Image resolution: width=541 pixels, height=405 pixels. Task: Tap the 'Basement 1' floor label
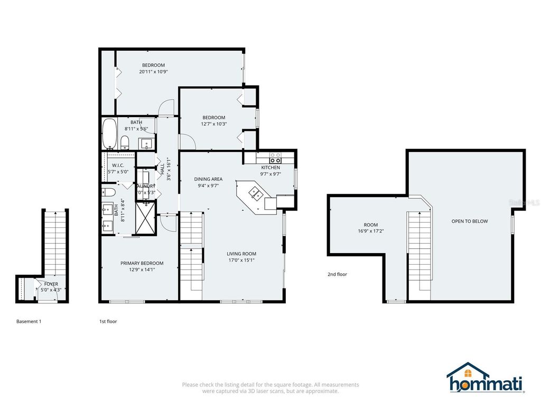point(29,321)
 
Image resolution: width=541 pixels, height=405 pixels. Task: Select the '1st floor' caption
point(108,321)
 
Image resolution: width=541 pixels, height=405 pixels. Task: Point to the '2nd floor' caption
point(337,274)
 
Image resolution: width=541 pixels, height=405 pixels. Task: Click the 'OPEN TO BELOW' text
point(469,221)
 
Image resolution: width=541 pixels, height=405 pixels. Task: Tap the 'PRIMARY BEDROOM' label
point(142,263)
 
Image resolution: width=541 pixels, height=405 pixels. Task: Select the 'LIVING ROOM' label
point(241,254)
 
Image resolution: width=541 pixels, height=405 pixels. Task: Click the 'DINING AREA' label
point(208,179)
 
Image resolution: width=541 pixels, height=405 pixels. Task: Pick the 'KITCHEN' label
point(270,168)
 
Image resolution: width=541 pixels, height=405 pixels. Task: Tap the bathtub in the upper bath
point(110,134)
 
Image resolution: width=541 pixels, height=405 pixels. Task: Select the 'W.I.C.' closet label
point(117,165)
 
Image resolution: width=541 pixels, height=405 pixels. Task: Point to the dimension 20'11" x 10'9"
point(153,71)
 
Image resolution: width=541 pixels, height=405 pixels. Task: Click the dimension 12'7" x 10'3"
point(214,124)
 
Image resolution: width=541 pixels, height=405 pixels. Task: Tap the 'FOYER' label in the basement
point(51,284)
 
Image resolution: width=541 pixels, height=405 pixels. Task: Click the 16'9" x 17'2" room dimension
point(371,231)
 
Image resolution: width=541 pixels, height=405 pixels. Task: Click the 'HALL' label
point(162,169)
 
